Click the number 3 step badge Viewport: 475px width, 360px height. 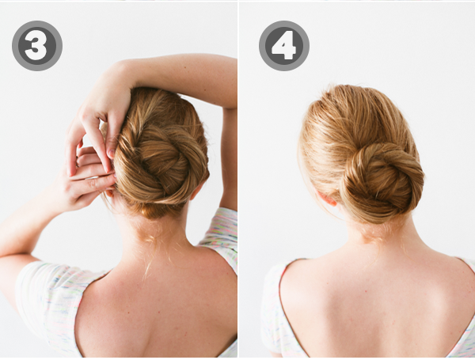tap(36, 46)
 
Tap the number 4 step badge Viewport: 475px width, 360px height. tap(283, 46)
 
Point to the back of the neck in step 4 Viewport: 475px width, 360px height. tap(372, 237)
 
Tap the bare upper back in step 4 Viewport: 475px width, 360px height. tap(372, 309)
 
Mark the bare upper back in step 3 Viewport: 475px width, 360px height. tap(158, 309)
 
